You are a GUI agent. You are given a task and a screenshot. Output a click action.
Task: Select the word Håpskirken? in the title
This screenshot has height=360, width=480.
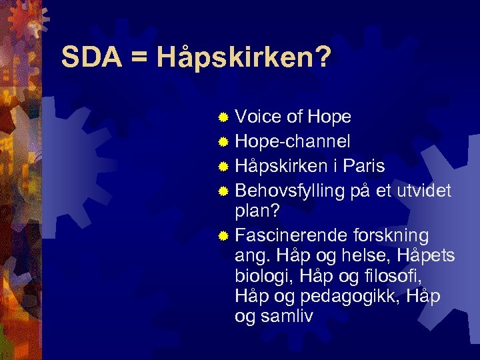[243, 58]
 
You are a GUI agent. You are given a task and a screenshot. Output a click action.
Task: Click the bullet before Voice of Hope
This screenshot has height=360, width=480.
[224, 118]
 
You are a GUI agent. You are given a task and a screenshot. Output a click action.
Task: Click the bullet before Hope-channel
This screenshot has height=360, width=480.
[224, 142]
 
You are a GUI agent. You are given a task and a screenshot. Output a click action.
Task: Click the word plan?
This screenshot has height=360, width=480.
[258, 212]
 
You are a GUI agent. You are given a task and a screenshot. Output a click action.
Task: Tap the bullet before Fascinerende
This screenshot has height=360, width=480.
[224, 236]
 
